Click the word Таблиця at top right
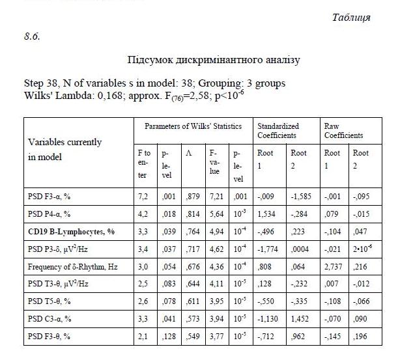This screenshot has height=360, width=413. [351, 18]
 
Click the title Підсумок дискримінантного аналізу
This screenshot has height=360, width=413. [214, 60]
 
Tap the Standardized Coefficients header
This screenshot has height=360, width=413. [278, 130]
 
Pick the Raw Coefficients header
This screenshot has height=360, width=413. [343, 130]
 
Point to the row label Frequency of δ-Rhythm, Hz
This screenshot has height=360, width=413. [72, 266]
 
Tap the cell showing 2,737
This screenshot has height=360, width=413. [334, 266]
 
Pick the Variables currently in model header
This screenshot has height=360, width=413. [64, 149]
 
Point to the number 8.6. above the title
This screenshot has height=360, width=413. [32, 35]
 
